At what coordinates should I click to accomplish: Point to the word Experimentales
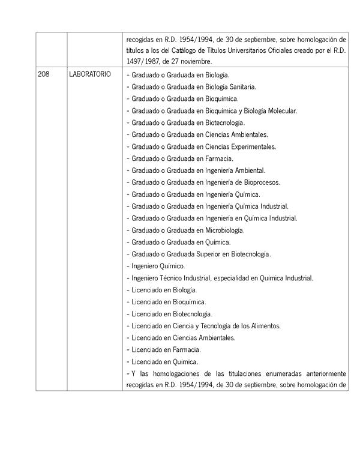pyautogui.click(x=253, y=146)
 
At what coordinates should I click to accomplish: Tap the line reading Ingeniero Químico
pyautogui.click(x=158, y=266)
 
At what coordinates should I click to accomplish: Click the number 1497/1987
pyautogui.click(x=145, y=62)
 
